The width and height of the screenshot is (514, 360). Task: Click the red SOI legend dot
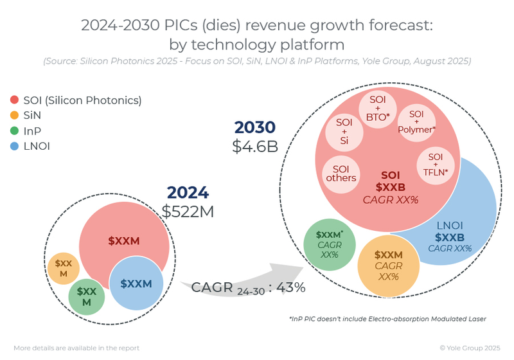coord(14,100)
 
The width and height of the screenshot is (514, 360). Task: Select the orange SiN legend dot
coord(14,116)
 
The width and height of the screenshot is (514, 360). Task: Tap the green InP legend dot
coord(14,131)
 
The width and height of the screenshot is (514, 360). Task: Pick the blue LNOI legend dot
coord(14,147)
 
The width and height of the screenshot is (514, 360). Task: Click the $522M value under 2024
coord(188,211)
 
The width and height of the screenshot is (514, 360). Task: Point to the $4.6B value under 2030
coord(254,146)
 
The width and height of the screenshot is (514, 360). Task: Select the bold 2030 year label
coord(254,127)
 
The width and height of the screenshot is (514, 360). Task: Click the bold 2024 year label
coord(188,192)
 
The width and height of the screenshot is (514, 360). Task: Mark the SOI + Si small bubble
coord(345,130)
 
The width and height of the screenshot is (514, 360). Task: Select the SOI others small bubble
coord(341,173)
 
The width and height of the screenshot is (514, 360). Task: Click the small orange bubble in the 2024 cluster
coord(64,268)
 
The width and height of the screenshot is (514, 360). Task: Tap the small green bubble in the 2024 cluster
coord(87,296)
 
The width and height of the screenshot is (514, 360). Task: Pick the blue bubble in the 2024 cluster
coord(136,283)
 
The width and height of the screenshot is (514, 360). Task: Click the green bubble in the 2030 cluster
coord(329,245)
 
